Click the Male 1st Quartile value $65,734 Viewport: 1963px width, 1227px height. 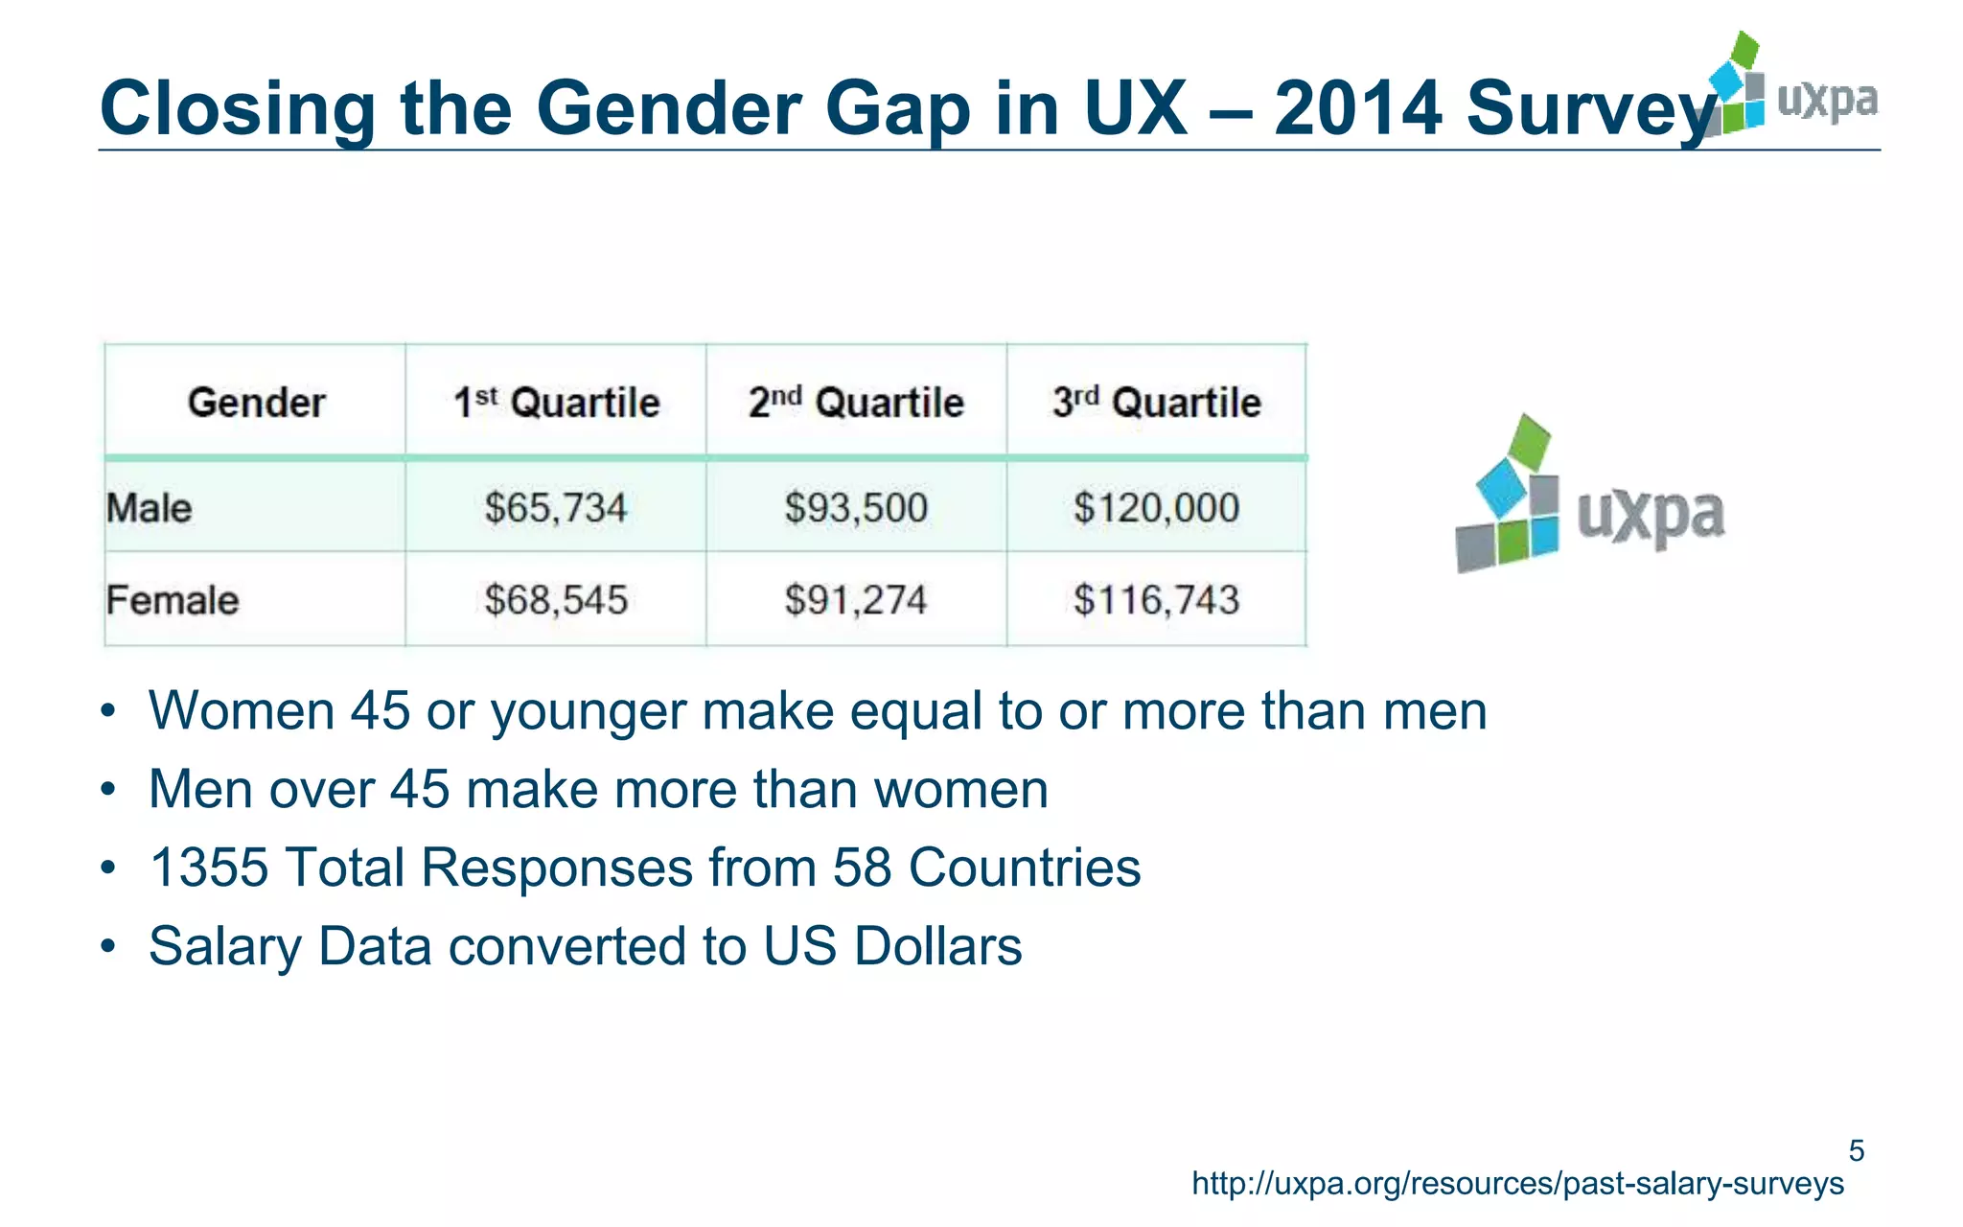555,507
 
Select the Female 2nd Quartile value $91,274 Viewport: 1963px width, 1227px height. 855,600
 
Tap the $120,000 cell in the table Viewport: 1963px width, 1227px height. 1156,507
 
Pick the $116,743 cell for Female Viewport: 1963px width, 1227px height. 1156,600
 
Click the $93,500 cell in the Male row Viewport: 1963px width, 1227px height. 855,507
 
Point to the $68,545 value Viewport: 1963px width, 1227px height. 555,600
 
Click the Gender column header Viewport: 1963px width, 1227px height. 256,403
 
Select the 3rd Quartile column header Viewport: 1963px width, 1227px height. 1156,403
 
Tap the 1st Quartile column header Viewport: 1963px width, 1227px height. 556,403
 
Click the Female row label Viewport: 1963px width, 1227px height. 173,600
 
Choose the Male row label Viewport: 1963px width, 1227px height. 150,507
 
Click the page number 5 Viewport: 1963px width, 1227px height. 1856,1150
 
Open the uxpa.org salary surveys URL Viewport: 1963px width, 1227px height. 1517,1184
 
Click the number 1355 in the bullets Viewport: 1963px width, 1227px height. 209,868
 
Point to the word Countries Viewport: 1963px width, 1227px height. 1024,868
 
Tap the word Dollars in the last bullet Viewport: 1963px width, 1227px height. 937,946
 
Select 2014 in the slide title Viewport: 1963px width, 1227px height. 1357,107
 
